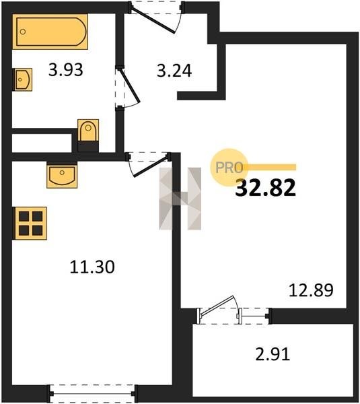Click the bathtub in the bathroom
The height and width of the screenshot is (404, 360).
click(x=50, y=32)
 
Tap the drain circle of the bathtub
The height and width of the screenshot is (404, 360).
click(x=23, y=32)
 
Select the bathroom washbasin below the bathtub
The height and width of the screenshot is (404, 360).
click(x=23, y=79)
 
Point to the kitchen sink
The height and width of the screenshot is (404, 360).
click(x=62, y=175)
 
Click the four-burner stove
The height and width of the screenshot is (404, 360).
click(x=30, y=223)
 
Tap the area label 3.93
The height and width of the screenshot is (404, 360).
click(x=66, y=70)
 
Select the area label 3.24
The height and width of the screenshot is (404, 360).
click(x=174, y=71)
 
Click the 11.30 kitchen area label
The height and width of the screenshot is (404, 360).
click(x=92, y=267)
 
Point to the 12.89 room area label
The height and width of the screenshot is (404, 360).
click(x=311, y=290)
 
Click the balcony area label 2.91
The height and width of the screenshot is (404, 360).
click(x=273, y=354)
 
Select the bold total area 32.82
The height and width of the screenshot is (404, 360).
click(x=266, y=188)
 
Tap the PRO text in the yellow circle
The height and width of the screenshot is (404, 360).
click(x=229, y=168)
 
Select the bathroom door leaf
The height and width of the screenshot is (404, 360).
click(x=129, y=86)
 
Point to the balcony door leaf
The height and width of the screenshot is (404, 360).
click(x=217, y=306)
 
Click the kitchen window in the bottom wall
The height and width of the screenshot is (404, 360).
click(x=92, y=393)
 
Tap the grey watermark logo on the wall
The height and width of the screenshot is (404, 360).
click(x=180, y=199)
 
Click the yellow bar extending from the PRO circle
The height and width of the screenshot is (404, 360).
click(x=271, y=168)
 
